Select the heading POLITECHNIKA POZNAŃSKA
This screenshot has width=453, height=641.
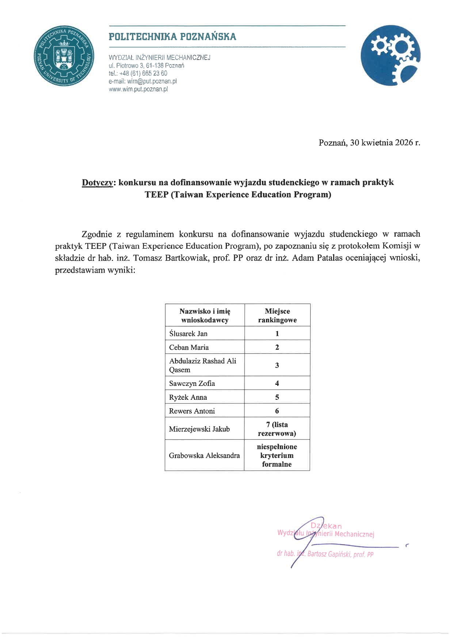click(172, 37)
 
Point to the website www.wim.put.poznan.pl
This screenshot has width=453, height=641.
click(138, 89)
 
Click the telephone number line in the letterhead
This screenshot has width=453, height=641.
click(138, 73)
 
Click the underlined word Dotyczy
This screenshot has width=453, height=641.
click(98, 182)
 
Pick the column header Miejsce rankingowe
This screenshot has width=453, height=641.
click(277, 315)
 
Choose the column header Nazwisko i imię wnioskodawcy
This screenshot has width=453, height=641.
click(205, 315)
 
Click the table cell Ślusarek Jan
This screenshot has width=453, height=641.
click(188, 333)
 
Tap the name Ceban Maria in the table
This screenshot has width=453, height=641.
click(189, 347)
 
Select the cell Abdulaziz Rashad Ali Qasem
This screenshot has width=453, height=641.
click(202, 365)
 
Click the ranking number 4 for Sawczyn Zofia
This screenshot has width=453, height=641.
click(277, 383)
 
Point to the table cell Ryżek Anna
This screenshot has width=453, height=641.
click(188, 397)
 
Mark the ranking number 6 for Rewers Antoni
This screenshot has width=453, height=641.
click(277, 411)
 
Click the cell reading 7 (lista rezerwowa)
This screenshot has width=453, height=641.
click(277, 429)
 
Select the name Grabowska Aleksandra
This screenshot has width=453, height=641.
click(204, 455)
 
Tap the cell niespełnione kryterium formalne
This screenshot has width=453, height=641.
click(277, 455)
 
